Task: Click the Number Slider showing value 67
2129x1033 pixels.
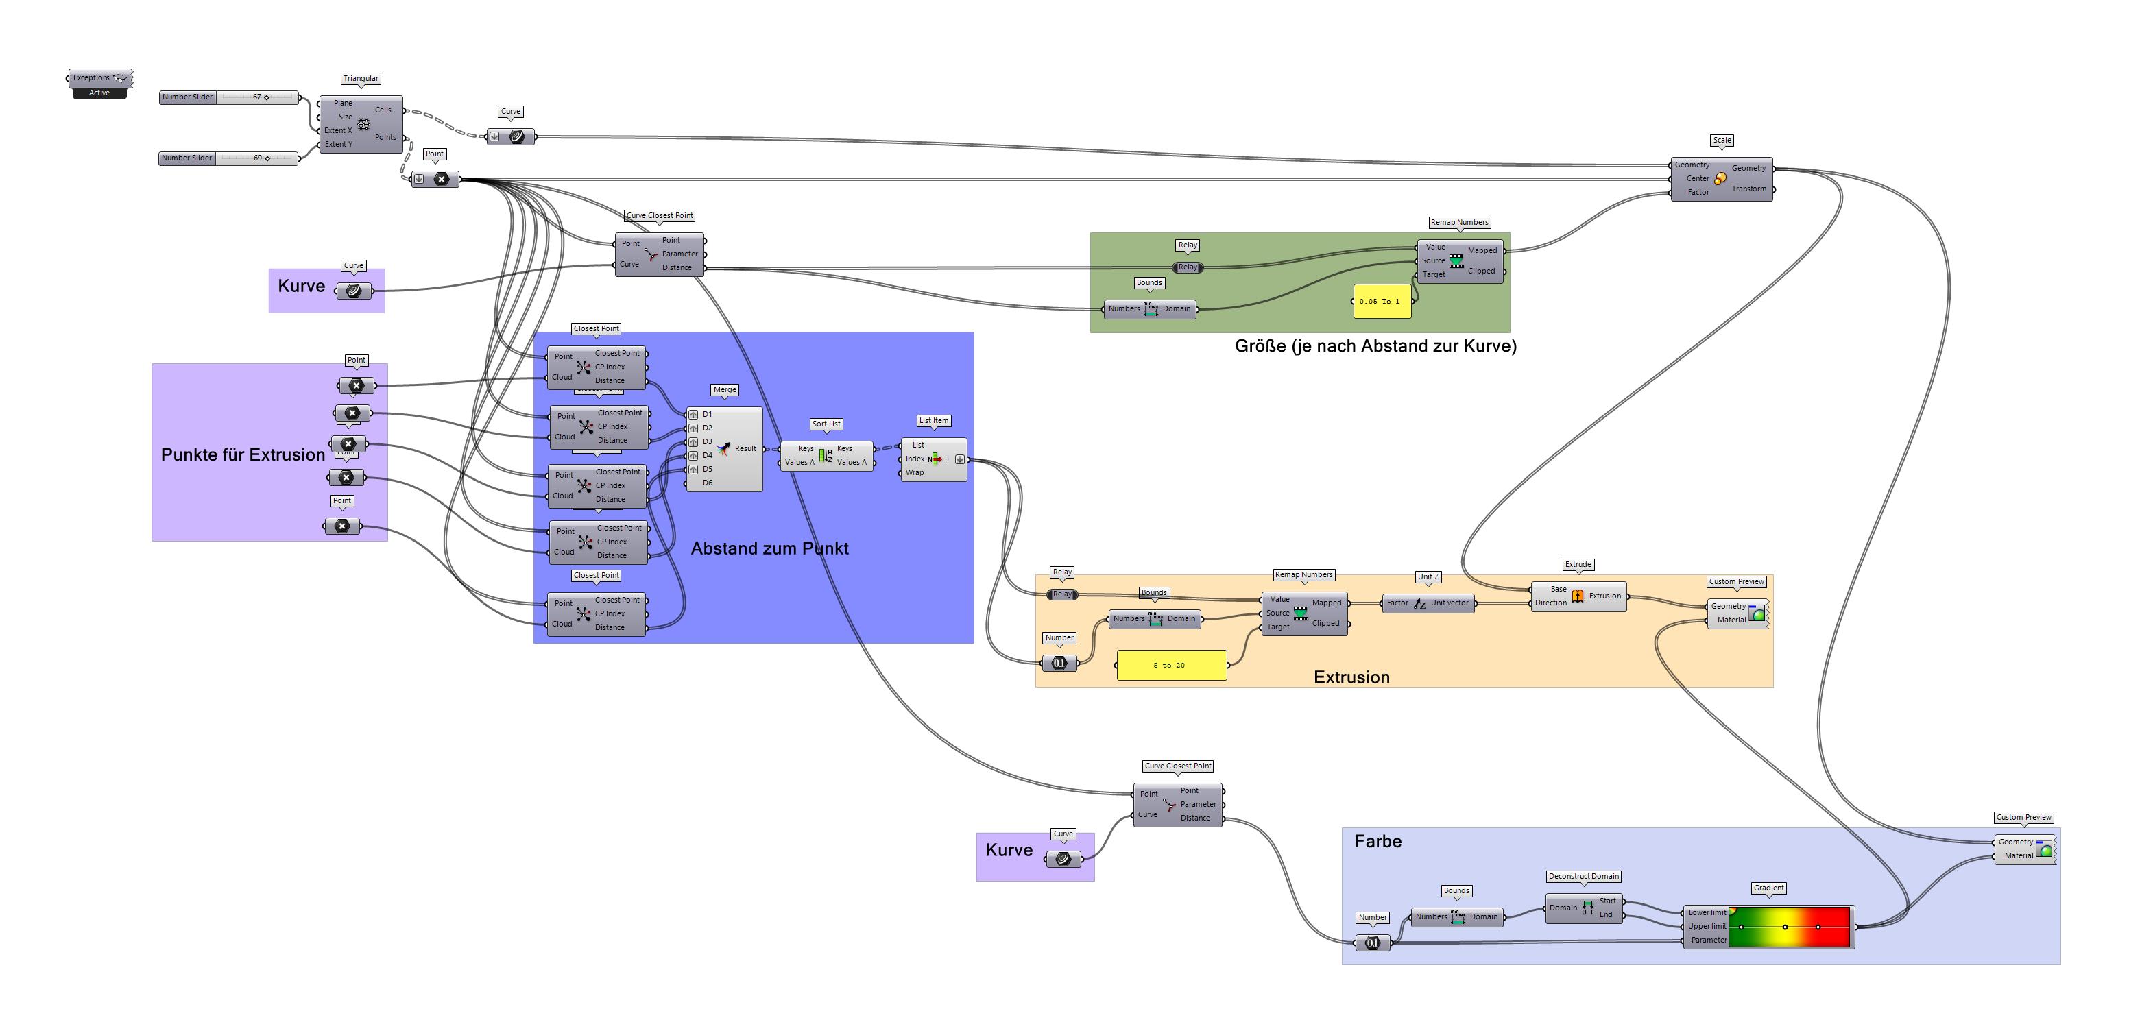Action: [x=229, y=97]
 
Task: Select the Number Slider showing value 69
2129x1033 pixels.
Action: [x=228, y=158]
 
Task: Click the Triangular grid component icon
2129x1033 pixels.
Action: [x=363, y=124]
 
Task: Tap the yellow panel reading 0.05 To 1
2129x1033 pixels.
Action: [x=1380, y=302]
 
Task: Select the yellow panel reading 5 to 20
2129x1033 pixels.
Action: [x=1170, y=666]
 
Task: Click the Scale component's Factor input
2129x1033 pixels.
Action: [x=1698, y=193]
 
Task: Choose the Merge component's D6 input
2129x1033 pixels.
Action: [x=707, y=483]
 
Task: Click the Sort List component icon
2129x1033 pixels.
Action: [x=825, y=455]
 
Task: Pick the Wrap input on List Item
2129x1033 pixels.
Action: [x=914, y=473]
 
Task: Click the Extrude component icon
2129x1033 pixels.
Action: [x=1578, y=596]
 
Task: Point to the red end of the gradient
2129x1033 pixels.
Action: [x=1839, y=926]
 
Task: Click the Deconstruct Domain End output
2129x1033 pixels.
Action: [x=1606, y=915]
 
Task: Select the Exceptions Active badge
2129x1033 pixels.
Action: [x=99, y=93]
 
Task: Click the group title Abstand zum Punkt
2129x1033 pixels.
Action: [x=769, y=549]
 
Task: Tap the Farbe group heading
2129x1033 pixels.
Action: [x=1377, y=841]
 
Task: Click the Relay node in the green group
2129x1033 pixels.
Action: [x=1188, y=267]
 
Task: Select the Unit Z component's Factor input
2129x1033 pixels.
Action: [x=1397, y=603]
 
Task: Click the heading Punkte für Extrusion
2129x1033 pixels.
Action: [x=242, y=454]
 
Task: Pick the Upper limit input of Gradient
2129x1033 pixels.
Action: [x=1706, y=926]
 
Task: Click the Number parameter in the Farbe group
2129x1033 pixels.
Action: [x=1372, y=943]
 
